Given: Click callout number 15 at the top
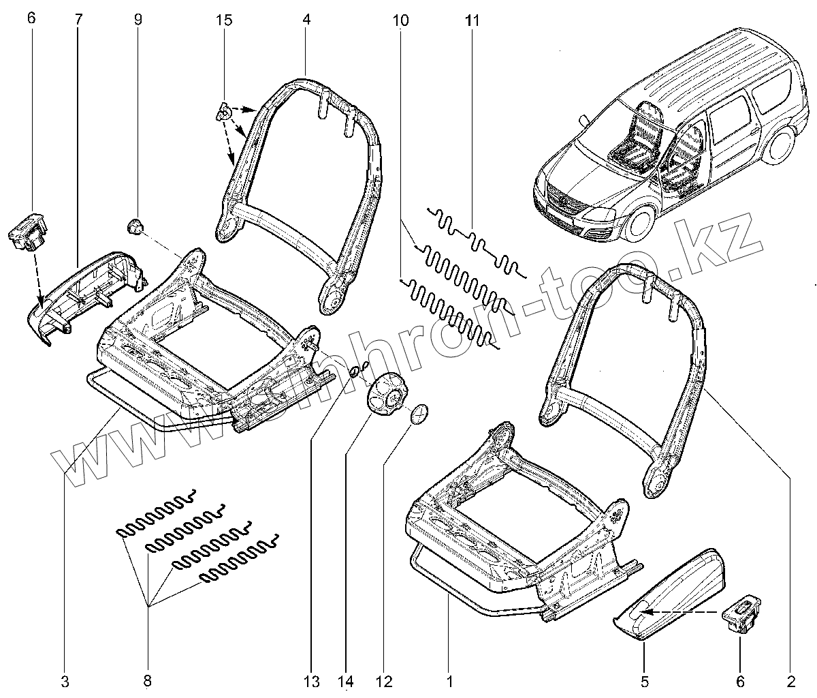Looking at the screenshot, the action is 224,19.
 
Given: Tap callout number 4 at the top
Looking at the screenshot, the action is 306,19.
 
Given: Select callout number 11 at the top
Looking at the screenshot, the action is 472,19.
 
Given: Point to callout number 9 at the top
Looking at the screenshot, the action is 138,19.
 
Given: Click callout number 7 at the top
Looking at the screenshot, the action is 78,19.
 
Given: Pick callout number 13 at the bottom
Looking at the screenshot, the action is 311,682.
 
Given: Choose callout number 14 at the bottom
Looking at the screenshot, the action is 345,682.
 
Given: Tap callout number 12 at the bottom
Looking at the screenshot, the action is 384,682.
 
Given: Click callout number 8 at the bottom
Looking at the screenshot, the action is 147,682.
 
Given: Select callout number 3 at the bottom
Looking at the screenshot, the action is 65,682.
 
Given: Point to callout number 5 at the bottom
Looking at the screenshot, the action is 644,682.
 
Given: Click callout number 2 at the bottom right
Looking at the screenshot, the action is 790,682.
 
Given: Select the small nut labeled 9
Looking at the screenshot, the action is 135,227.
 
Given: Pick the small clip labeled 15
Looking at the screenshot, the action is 223,111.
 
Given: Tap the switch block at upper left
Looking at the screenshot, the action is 28,230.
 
